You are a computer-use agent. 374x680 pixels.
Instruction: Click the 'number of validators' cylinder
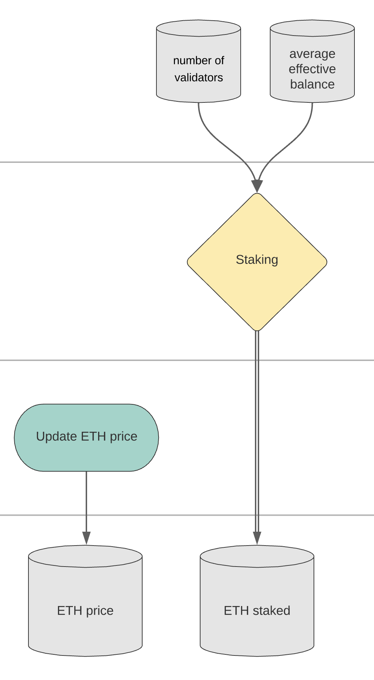click(198, 61)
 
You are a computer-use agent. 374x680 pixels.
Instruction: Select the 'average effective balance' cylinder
click(312, 61)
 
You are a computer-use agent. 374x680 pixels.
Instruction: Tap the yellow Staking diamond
click(257, 262)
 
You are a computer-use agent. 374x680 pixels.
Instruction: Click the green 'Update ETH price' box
click(86, 437)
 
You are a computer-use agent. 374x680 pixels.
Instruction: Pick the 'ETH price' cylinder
click(85, 601)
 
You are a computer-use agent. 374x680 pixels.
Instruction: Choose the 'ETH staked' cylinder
click(257, 601)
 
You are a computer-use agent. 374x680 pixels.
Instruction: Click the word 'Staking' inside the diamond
click(257, 260)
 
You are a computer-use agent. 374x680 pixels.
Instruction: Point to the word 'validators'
click(199, 77)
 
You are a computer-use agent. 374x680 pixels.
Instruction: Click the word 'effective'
click(312, 69)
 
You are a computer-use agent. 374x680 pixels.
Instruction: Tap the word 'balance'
click(312, 84)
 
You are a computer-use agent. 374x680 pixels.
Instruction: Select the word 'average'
click(312, 54)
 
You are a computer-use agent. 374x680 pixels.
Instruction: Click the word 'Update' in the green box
click(57, 436)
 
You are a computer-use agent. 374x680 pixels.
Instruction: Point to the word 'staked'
click(271, 610)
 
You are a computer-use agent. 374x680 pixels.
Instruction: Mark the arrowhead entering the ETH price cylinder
click(86, 538)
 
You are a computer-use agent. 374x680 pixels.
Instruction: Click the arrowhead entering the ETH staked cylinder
click(257, 538)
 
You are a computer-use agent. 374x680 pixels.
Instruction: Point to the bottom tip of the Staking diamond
click(257, 331)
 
